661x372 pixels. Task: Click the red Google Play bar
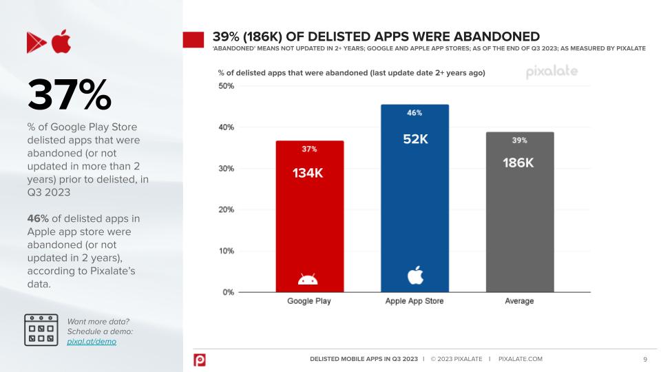pyautogui.click(x=310, y=216)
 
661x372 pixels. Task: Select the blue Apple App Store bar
pyautogui.click(x=415, y=198)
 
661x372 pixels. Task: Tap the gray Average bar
pyautogui.click(x=520, y=211)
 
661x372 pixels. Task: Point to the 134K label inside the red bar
pyautogui.click(x=308, y=173)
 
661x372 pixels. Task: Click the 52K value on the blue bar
pyautogui.click(x=415, y=138)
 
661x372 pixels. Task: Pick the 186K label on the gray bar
pyautogui.click(x=518, y=163)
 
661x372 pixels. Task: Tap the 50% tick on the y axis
pyautogui.click(x=226, y=86)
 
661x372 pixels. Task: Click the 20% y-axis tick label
pyautogui.click(x=226, y=209)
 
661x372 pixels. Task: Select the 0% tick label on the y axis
pyautogui.click(x=228, y=292)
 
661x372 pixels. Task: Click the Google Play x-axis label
pyautogui.click(x=309, y=301)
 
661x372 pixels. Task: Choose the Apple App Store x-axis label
pyautogui.click(x=415, y=301)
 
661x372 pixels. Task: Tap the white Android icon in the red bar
pyautogui.click(x=308, y=279)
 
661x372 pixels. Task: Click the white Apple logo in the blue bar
pyautogui.click(x=415, y=275)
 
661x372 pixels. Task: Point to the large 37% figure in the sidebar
pyautogui.click(x=70, y=95)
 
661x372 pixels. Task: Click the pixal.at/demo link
pyautogui.click(x=92, y=342)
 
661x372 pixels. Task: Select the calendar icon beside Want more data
pyautogui.click(x=41, y=330)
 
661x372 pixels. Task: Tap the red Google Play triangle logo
pyautogui.click(x=36, y=42)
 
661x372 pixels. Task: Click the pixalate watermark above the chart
pyautogui.click(x=552, y=72)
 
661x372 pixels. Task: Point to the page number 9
pyautogui.click(x=645, y=360)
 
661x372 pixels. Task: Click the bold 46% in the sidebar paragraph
pyautogui.click(x=38, y=218)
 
